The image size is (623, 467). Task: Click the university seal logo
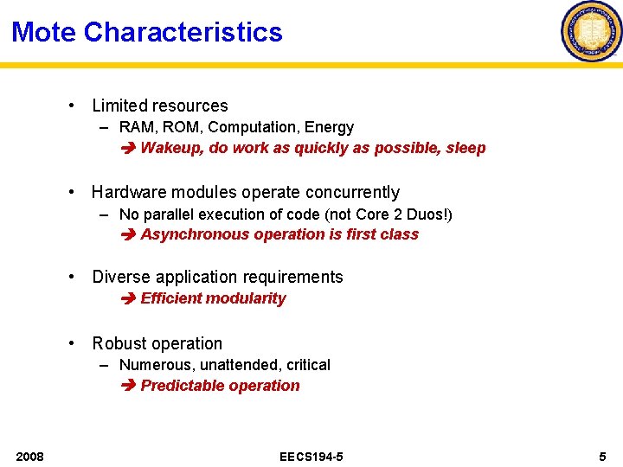pyautogui.click(x=592, y=31)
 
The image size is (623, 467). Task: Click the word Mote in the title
pyautogui.click(x=44, y=33)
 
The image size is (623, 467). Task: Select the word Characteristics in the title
pyautogui.click(x=183, y=33)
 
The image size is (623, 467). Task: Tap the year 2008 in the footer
pyautogui.click(x=30, y=456)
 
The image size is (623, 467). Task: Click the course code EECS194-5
pyautogui.click(x=311, y=456)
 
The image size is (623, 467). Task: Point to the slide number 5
pyautogui.click(x=602, y=456)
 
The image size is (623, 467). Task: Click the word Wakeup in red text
pyautogui.click(x=171, y=148)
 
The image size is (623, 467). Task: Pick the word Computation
pyautogui.click(x=258, y=127)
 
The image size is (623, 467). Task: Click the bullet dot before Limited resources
pyautogui.click(x=74, y=106)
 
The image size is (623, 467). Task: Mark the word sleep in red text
pyautogui.click(x=466, y=148)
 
